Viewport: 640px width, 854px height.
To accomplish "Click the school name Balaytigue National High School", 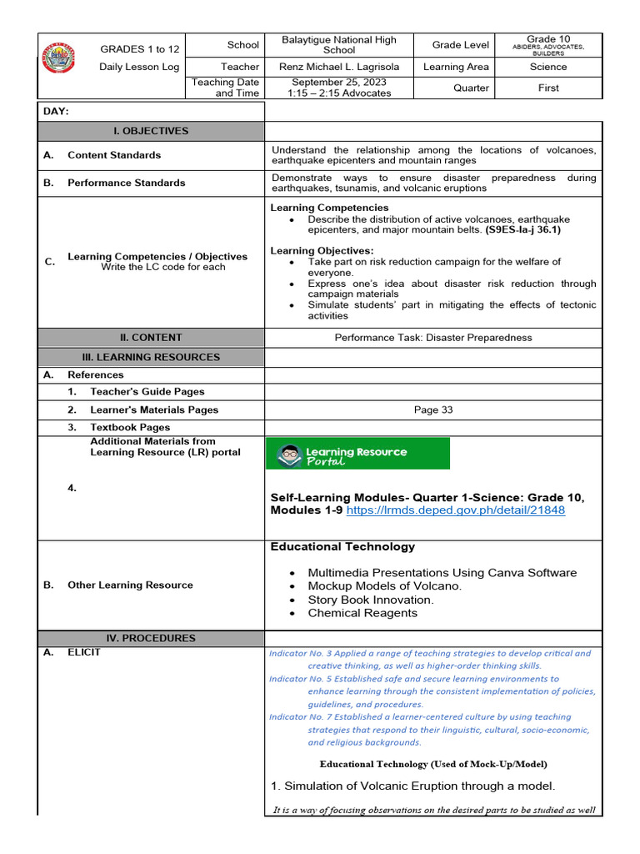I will point(338,45).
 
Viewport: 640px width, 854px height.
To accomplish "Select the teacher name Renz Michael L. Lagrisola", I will point(338,67).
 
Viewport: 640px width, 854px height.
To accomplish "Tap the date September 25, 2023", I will point(338,82).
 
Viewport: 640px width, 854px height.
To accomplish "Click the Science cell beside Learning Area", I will point(547,67).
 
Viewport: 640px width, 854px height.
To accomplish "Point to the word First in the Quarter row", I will point(547,88).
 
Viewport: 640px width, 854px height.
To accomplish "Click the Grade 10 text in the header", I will point(547,39).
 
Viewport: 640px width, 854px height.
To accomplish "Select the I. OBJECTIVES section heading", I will point(151,131).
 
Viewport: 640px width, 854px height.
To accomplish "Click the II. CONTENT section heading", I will point(151,338).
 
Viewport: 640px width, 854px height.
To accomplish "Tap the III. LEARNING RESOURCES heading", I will point(151,357).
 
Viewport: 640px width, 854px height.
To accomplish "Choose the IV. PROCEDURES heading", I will point(151,638).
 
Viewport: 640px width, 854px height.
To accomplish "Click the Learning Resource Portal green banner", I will point(358,454).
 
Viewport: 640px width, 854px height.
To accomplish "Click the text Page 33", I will point(432,409).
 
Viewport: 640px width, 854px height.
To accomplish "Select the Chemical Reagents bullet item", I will point(362,613).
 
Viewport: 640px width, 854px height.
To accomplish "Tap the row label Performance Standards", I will point(127,183).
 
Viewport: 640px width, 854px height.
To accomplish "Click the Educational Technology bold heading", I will point(342,547).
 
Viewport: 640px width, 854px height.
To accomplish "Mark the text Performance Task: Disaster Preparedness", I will point(432,338).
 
